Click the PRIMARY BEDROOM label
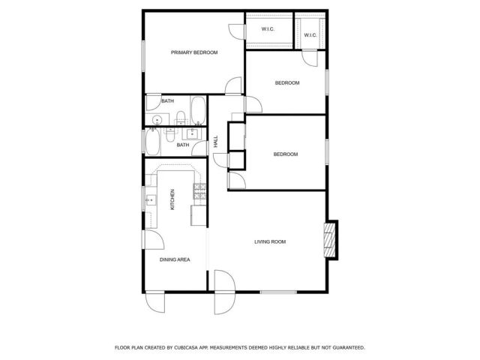pyautogui.click(x=194, y=52)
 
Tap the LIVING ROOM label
pyautogui.click(x=270, y=241)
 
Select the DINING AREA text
pyautogui.click(x=175, y=259)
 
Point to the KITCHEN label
pyautogui.click(x=172, y=199)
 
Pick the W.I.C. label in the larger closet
pyautogui.click(x=268, y=29)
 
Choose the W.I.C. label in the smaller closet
pyautogui.click(x=310, y=35)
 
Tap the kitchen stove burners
pyautogui.click(x=199, y=193)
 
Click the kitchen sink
pyautogui.click(x=150, y=200)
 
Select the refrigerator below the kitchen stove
pyautogui.click(x=198, y=215)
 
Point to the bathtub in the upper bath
pyautogui.click(x=199, y=110)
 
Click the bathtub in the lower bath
pyautogui.click(x=152, y=140)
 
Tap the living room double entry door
pyautogui.click(x=223, y=293)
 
